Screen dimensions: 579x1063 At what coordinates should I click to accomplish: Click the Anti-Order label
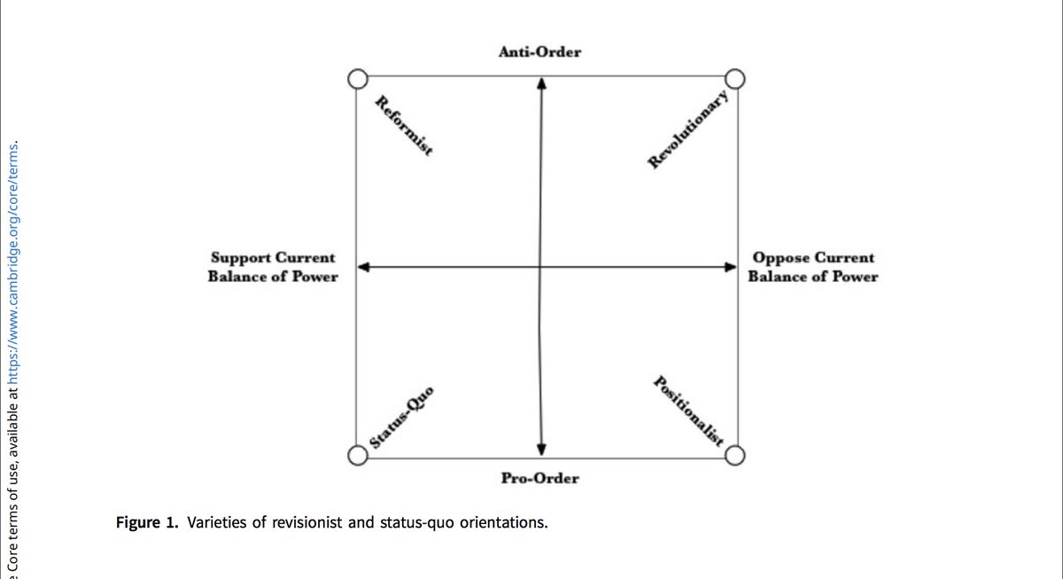(539, 52)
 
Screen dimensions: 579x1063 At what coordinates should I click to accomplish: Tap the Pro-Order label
(539, 478)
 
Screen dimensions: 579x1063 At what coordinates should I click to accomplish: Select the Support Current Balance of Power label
(273, 267)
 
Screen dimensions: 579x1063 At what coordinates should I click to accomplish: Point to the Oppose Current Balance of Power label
(812, 267)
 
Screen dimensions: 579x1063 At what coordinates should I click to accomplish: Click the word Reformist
(404, 125)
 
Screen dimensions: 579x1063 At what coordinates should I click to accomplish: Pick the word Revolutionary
(688, 129)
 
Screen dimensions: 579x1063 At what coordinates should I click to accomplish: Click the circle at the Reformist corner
(356, 79)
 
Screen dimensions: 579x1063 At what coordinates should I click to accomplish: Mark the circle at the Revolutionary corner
(737, 79)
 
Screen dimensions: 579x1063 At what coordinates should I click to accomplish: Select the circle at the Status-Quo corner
(356, 456)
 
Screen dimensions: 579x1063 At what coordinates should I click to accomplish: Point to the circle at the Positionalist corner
(737, 456)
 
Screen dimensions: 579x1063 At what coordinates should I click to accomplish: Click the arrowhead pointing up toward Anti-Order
(540, 83)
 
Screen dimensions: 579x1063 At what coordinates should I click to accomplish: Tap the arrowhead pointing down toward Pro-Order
(540, 448)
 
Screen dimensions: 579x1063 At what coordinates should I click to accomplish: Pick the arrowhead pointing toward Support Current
(363, 266)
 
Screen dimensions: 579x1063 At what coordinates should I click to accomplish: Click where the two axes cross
(540, 266)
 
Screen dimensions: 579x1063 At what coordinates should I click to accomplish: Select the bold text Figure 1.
(145, 521)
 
